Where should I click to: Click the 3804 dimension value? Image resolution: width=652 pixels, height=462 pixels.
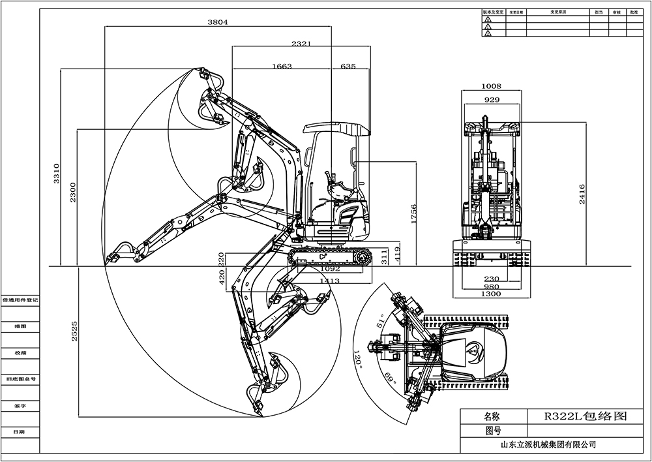[218, 22]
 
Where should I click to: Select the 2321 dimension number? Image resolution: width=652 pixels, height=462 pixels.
[301, 44]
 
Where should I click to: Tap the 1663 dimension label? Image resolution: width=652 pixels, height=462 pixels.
[282, 66]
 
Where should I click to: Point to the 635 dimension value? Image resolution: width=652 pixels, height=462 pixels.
[348, 66]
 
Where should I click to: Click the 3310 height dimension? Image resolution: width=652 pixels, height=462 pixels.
[57, 173]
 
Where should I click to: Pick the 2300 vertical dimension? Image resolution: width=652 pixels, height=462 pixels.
[73, 191]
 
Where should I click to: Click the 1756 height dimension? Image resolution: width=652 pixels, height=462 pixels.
[413, 215]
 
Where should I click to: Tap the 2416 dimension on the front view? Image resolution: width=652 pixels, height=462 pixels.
[582, 194]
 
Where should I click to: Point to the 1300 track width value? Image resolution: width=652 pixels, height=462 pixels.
[491, 294]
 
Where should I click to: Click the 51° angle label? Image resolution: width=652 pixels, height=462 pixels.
[381, 322]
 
